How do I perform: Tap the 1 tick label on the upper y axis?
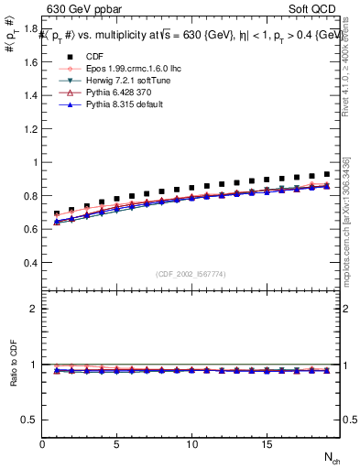[35, 163]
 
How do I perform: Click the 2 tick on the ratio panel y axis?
[35, 309]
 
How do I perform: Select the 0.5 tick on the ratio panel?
[30, 420]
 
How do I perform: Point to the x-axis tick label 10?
[191, 444]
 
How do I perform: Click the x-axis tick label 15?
[266, 444]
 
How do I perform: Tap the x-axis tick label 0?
[42, 444]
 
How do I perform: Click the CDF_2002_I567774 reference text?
[191, 274]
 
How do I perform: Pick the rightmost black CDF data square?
[325, 174]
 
